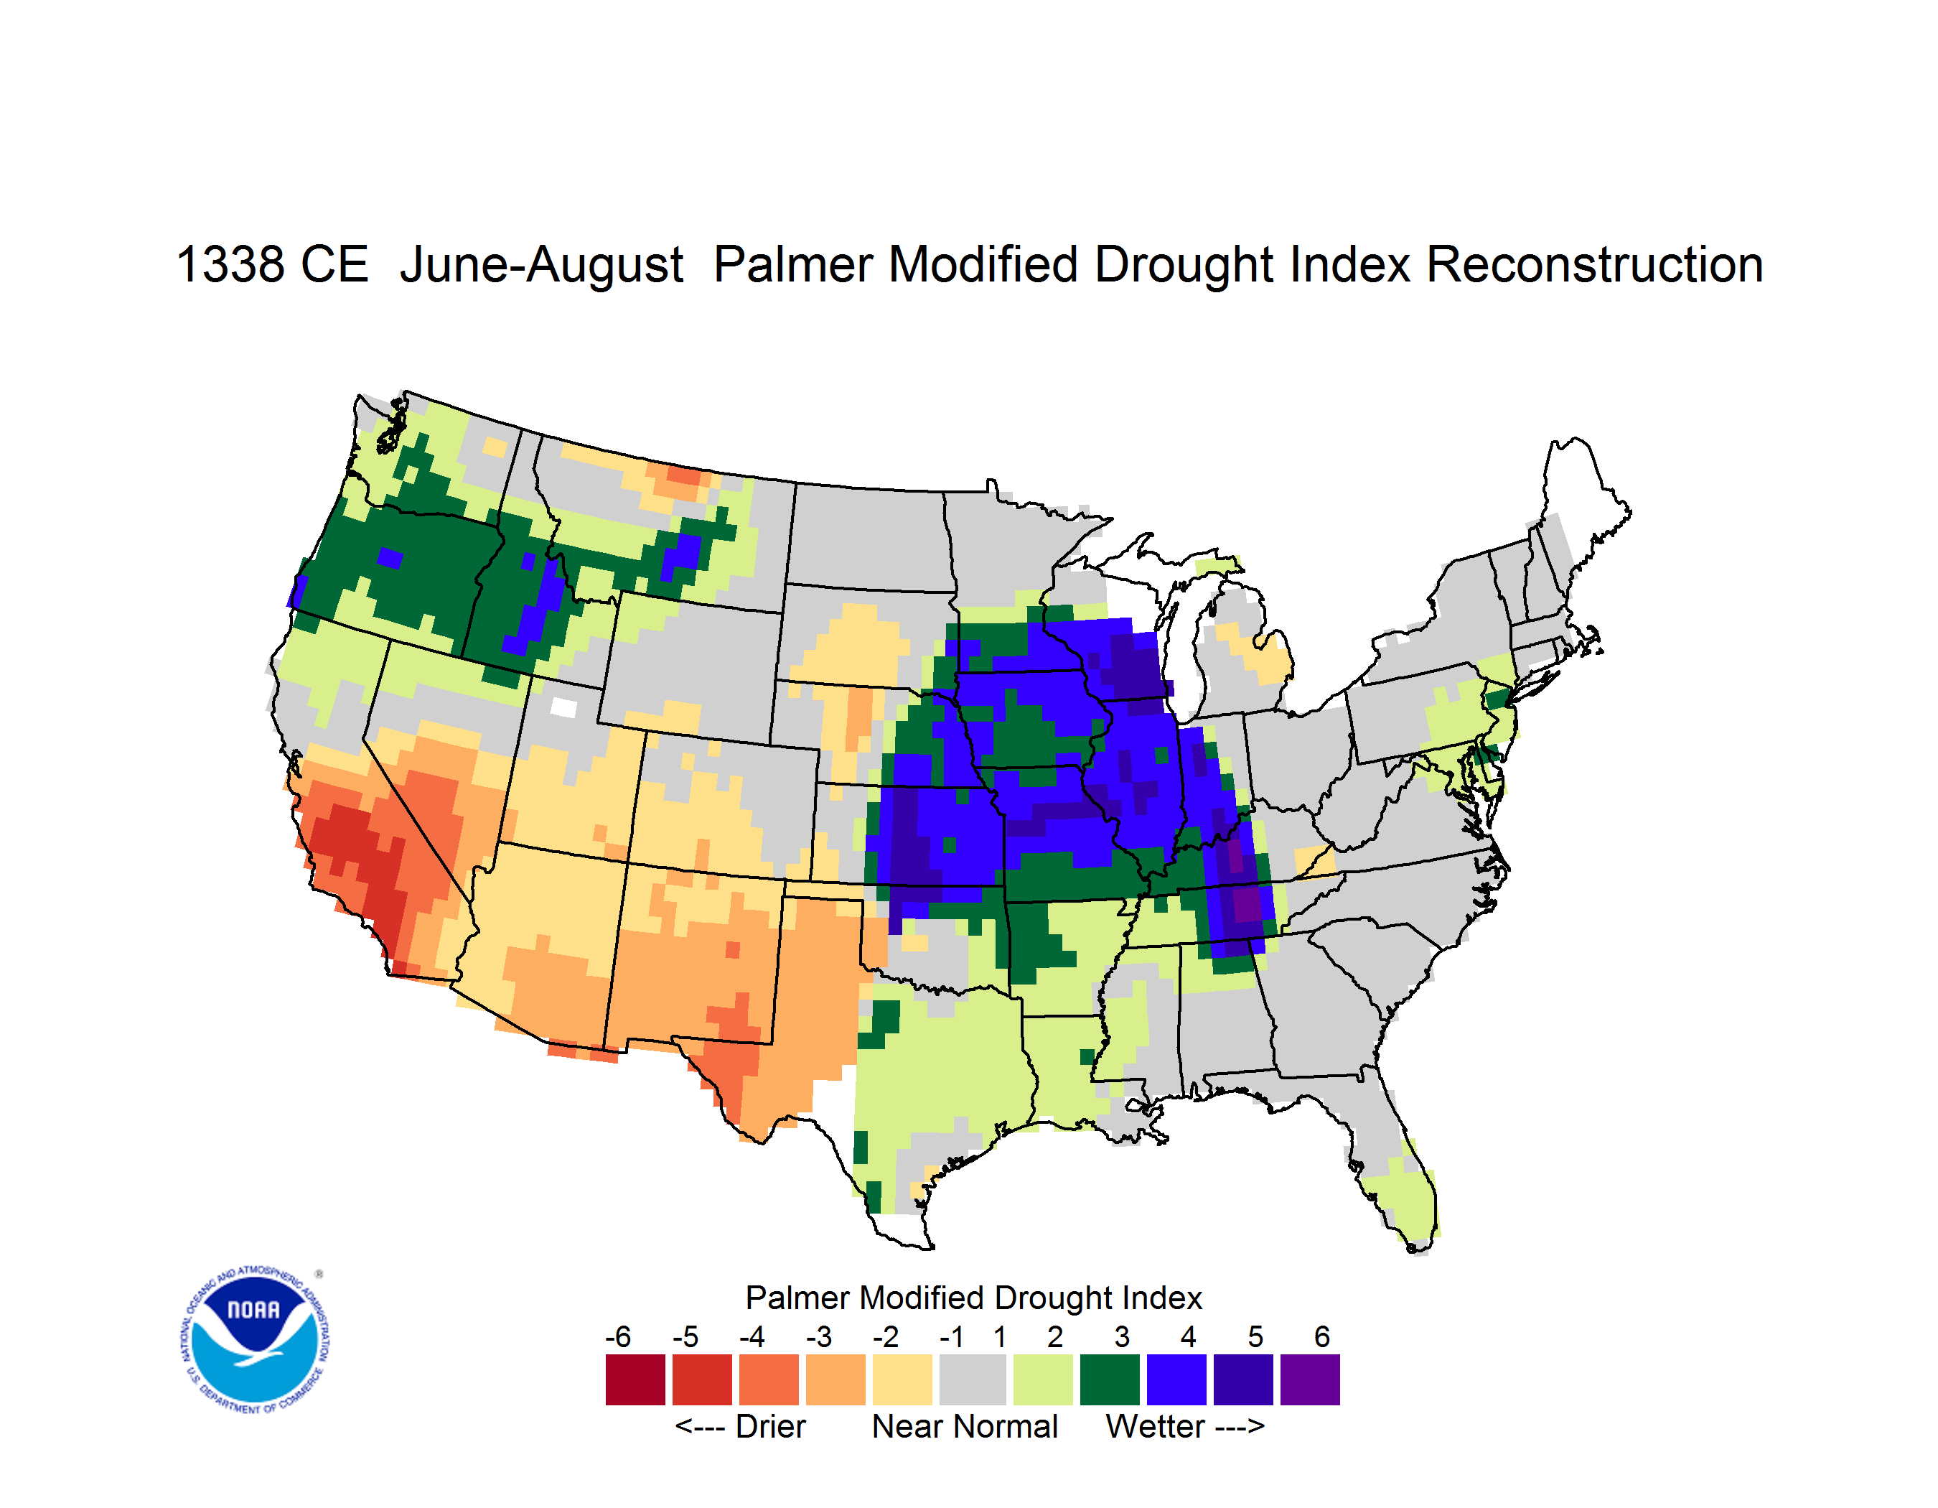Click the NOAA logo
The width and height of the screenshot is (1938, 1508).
tap(255, 1339)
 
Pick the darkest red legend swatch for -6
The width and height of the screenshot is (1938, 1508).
tap(635, 1379)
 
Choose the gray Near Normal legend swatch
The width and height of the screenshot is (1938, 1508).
tap(973, 1379)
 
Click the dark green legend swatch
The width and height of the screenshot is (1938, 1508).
tap(1109, 1379)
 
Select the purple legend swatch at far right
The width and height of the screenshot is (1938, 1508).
tap(1310, 1379)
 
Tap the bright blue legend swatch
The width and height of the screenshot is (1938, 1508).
tap(1176, 1379)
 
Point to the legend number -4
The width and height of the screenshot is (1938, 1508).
tap(752, 1336)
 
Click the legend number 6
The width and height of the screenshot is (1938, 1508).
tap(1322, 1336)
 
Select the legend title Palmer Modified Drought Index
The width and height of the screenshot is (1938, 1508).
tap(973, 1298)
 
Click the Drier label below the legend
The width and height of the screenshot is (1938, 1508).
tap(770, 1426)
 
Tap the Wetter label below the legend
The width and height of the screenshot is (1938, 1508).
tap(1156, 1426)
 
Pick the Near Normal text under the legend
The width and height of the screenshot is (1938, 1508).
tap(965, 1426)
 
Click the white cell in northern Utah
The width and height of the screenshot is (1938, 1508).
tap(563, 707)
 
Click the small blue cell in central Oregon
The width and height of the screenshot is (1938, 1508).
tap(390, 558)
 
